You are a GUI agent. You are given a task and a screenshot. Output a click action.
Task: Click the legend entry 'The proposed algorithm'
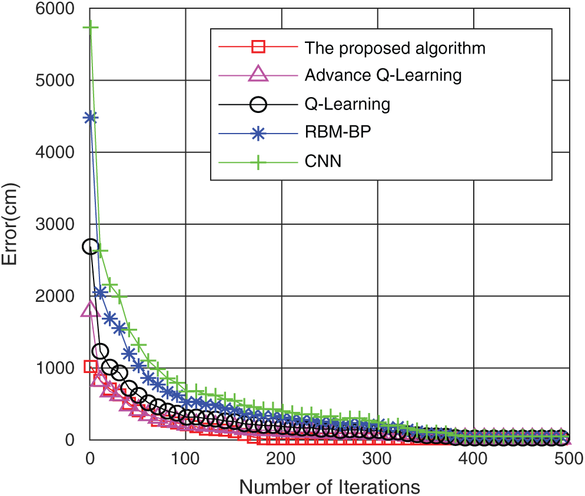coord(395,48)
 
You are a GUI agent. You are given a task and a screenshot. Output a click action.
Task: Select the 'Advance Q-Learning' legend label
coord(383,75)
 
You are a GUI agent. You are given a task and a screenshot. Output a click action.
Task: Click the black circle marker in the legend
coord(259,104)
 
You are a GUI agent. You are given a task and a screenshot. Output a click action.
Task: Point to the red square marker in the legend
coord(259,47)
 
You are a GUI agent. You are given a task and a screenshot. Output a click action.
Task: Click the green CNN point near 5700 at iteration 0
coord(90,28)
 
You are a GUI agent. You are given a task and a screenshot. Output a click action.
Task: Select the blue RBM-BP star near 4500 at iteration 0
coord(90,117)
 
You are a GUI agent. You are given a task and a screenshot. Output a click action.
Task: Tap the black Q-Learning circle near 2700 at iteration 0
coord(90,247)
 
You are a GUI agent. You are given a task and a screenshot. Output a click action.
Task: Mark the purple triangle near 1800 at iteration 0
coord(90,309)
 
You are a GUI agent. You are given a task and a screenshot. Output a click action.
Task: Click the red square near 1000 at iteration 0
coord(90,367)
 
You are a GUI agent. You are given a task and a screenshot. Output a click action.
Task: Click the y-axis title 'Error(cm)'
coord(13,224)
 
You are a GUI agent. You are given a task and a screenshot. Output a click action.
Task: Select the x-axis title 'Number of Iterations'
coord(329,486)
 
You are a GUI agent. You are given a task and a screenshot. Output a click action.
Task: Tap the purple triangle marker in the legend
coord(259,75)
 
